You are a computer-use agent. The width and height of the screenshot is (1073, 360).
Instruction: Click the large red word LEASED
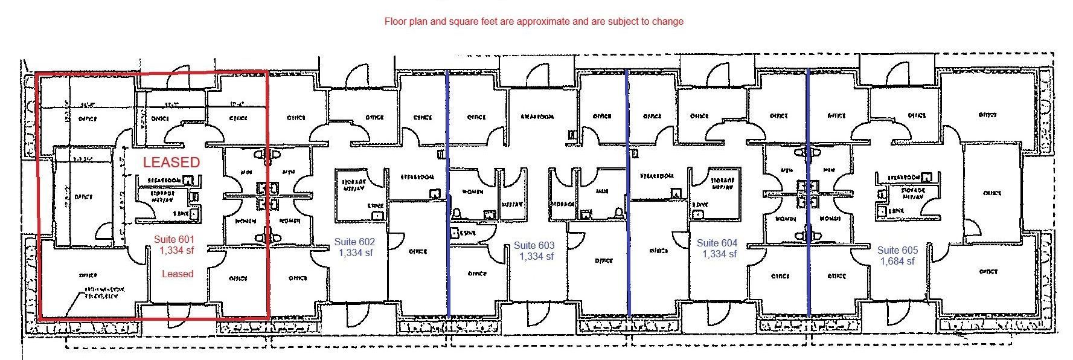171,162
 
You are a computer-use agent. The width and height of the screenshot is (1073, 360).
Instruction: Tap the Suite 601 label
174,239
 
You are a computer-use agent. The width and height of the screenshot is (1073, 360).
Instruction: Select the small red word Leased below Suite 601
178,274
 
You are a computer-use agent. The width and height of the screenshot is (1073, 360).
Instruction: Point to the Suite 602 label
354,242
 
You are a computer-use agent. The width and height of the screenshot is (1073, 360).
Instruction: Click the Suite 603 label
534,245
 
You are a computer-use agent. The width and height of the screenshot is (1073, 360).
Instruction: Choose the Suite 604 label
717,243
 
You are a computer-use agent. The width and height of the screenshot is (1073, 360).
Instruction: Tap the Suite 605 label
897,250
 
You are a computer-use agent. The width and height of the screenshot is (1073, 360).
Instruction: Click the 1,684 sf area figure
897,261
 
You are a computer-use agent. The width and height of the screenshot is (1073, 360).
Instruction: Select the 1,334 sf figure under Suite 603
536,256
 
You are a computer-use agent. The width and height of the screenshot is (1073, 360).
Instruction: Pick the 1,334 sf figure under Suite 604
719,254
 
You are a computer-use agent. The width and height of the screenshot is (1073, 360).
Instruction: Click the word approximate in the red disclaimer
540,21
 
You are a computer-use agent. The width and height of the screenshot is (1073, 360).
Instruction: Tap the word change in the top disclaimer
668,21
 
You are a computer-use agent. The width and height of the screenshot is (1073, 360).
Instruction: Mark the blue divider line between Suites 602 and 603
447,193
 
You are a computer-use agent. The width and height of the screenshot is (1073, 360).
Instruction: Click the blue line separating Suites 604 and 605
808,193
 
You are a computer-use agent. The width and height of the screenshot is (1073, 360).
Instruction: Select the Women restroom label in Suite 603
469,191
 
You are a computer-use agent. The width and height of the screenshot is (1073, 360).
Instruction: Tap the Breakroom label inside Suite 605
903,178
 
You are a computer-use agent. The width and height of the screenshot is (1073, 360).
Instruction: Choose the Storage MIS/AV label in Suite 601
162,196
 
